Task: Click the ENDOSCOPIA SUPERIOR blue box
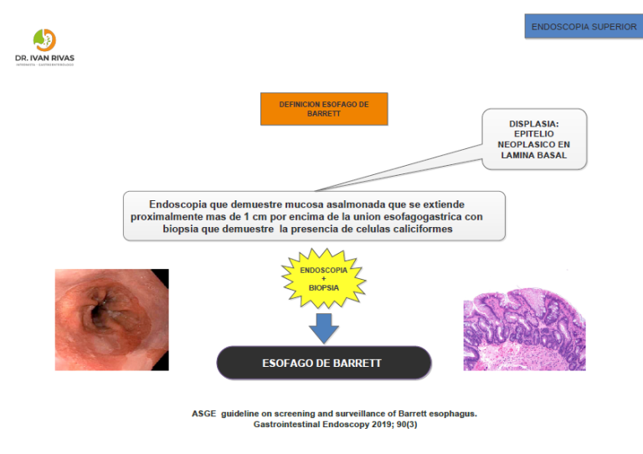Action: [584, 26]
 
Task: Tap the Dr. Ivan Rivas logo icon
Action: [44, 39]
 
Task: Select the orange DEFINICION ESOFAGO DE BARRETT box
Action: [324, 109]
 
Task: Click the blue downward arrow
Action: [323, 327]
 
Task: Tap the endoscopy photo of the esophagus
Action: [111, 319]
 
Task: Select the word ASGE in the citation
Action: [204, 414]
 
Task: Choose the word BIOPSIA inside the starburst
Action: [323, 287]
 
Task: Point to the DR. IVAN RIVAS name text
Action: [44, 59]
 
